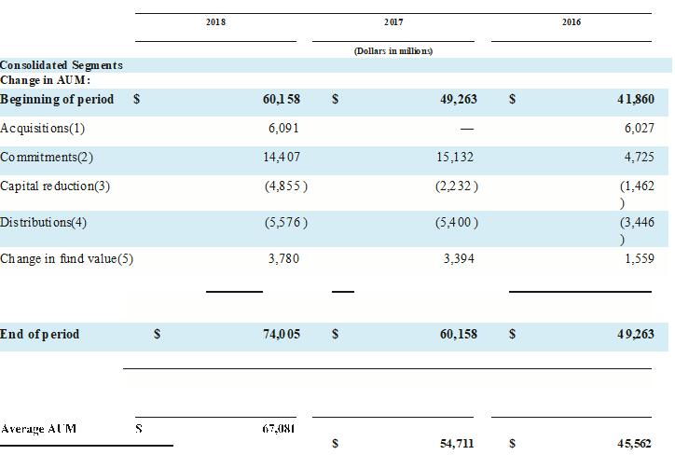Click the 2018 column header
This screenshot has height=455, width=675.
pos(215,21)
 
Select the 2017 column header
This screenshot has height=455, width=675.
pos(393,21)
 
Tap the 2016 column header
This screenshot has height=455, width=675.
pos(572,21)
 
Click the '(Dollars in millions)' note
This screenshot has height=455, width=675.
pos(393,51)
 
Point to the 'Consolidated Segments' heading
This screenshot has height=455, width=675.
pos(62,65)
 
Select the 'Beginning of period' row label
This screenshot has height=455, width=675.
pos(57,100)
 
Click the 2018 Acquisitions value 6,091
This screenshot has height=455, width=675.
pos(282,129)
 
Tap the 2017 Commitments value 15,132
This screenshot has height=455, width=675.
pos(455,158)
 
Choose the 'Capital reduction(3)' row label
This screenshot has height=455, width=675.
pos(55,186)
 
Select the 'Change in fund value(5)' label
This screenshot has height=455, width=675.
pos(67,258)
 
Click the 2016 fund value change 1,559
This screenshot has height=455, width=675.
pos(636,258)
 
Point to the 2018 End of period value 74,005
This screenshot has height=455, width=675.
pos(282,334)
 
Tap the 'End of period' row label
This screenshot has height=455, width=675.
pos(40,334)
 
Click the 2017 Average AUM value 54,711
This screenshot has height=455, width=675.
pos(457,443)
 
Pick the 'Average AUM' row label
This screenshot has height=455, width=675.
pos(39,429)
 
